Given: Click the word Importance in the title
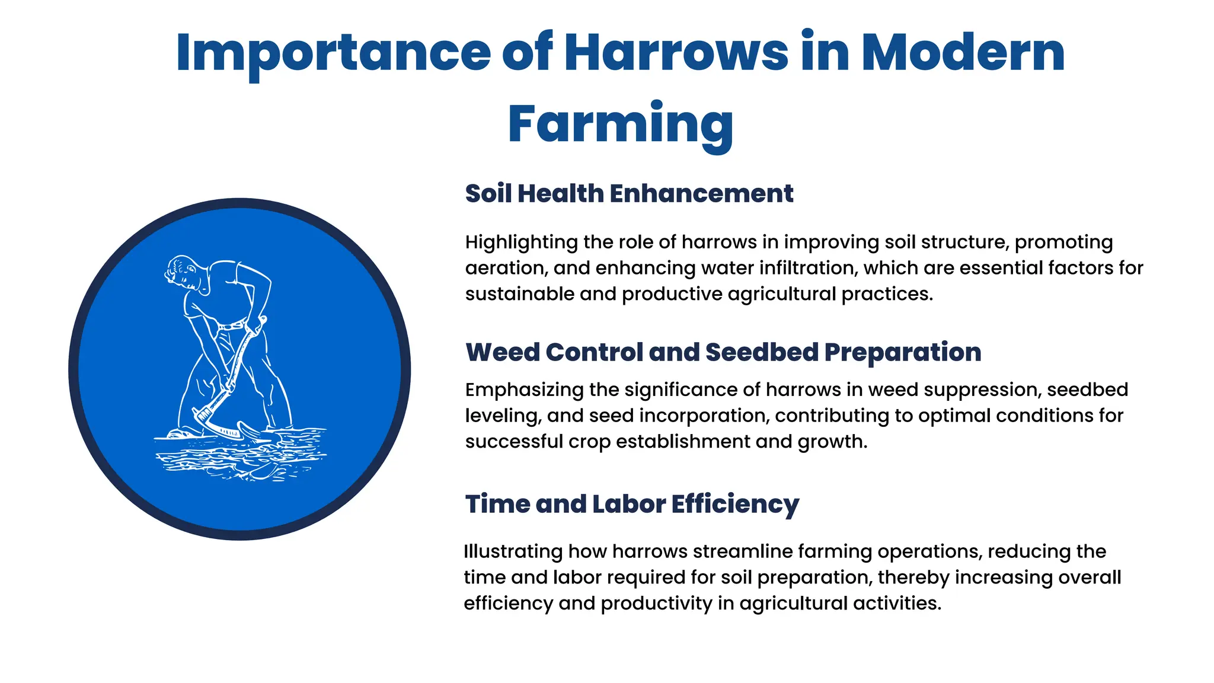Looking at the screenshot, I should point(333,53).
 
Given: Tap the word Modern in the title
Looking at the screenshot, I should point(963,53).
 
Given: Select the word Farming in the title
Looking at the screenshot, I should point(620,125).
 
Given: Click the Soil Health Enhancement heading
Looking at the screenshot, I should point(629,194).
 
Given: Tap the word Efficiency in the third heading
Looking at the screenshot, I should point(735,505).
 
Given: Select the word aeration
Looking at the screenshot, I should point(504,268).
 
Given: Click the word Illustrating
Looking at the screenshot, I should point(513,552).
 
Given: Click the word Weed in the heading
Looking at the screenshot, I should point(502,352).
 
